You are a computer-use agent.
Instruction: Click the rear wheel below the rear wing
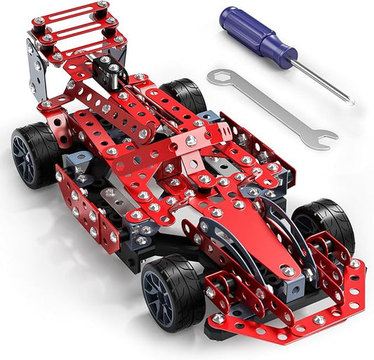tap(36, 155)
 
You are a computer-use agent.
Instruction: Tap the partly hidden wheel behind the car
tap(185, 95)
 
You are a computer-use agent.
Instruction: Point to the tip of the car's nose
tap(288, 269)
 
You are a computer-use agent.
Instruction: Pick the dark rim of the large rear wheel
tap(27, 158)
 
